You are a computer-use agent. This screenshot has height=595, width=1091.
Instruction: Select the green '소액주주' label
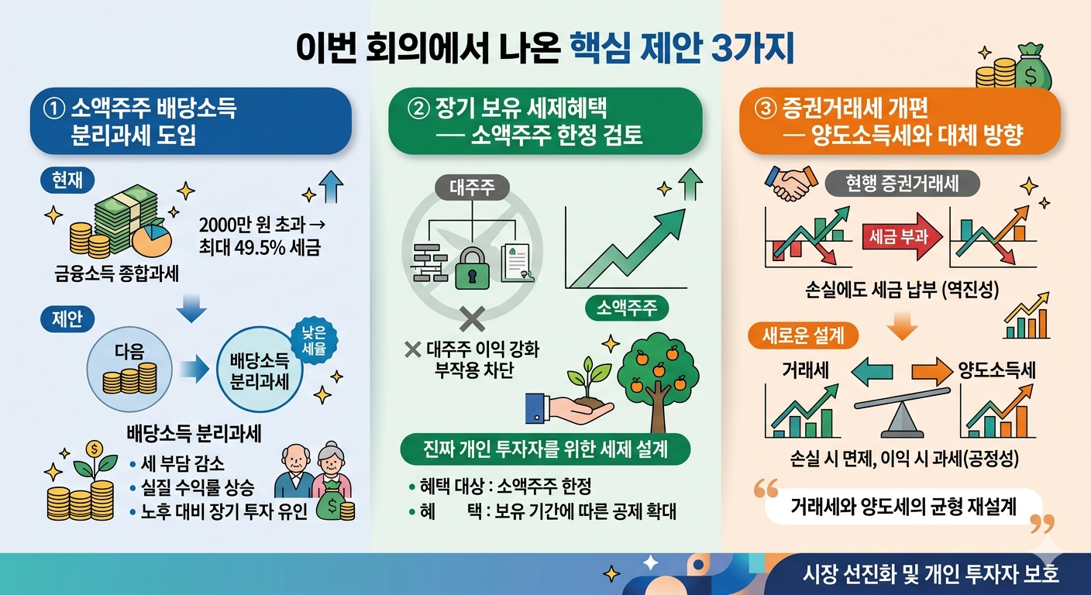click(625, 309)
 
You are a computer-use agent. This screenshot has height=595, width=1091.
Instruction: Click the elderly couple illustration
click(314, 473)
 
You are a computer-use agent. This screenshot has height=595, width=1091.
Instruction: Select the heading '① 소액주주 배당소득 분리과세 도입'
click(190, 121)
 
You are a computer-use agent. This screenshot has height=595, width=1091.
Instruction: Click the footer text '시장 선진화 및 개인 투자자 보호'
click(931, 575)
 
